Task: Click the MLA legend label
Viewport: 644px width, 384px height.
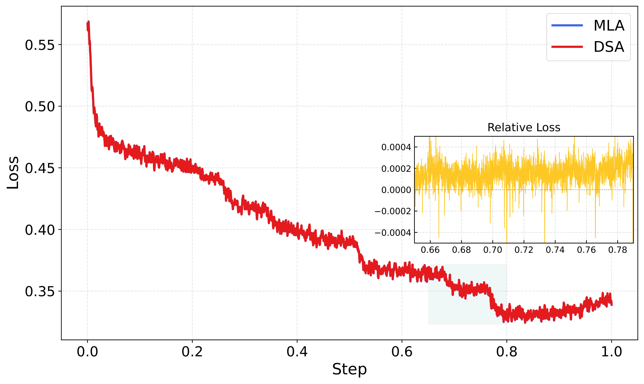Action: point(609,26)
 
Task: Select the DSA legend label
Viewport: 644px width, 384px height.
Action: point(609,47)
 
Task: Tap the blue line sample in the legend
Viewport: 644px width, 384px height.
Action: point(567,25)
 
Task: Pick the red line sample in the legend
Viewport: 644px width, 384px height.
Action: point(567,47)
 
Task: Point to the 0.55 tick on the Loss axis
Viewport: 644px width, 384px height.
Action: point(40,45)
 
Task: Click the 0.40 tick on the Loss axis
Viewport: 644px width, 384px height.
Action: point(40,230)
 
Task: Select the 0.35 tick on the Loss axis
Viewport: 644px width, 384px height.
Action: point(40,292)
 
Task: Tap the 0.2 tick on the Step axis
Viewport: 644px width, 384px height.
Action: point(192,352)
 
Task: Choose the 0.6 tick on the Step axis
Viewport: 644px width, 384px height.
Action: point(402,352)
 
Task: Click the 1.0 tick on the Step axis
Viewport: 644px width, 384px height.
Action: point(611,352)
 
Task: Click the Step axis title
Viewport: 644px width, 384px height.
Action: point(349,369)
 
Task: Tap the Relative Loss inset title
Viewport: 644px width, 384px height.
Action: point(524,128)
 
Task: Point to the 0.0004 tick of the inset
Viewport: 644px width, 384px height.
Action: point(396,147)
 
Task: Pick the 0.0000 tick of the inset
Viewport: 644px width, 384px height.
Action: point(396,190)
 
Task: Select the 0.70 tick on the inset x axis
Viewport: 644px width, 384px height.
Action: point(493,250)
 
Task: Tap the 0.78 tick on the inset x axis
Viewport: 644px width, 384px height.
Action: point(618,250)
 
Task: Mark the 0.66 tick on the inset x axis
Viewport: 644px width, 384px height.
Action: point(430,250)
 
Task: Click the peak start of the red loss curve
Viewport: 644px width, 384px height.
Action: point(88,23)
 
